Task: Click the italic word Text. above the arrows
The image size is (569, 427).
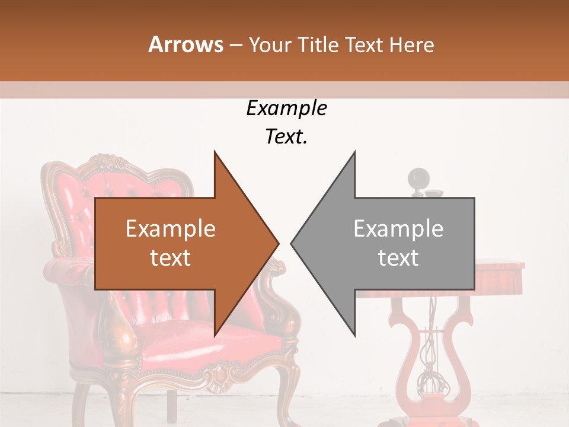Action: (286, 137)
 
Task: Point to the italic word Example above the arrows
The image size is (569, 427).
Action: (286, 108)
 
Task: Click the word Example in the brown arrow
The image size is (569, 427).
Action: (170, 229)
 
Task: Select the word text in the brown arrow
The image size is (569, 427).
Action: (170, 258)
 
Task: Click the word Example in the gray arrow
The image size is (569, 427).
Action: (398, 229)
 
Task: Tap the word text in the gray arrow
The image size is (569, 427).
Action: (398, 258)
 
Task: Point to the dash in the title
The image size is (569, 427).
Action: (235, 45)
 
